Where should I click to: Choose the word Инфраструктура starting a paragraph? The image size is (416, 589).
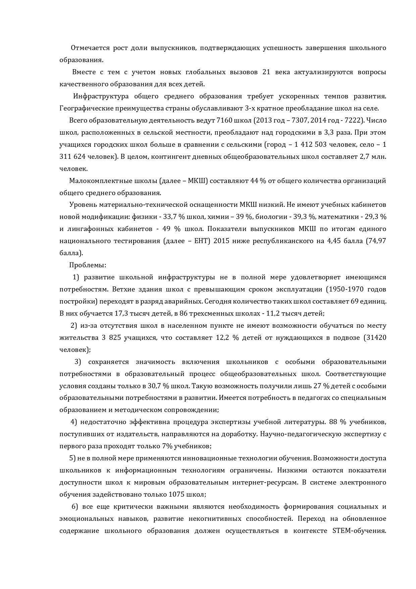pos(101,96)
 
